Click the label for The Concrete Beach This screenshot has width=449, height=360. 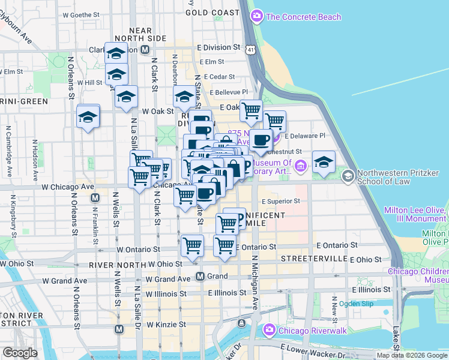pos(303,17)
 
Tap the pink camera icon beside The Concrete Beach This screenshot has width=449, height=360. pos(258,16)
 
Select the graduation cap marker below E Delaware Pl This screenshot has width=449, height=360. pos(324,162)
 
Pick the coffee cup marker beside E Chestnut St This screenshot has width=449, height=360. pos(261,140)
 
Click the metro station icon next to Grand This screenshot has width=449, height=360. pos(201,277)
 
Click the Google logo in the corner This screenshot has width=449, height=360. pos(20,353)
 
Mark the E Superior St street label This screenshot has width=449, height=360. pos(280,202)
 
